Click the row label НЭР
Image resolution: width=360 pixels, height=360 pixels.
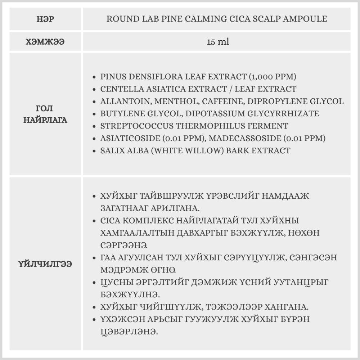tap(45, 19)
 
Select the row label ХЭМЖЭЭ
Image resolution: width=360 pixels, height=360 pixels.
tap(45, 42)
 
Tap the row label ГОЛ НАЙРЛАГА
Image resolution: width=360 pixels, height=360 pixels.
tap(45, 114)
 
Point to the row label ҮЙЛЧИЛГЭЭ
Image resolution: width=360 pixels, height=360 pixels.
tap(45, 264)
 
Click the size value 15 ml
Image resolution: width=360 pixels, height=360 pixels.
tap(218, 42)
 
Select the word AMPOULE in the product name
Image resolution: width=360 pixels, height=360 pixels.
tap(305, 19)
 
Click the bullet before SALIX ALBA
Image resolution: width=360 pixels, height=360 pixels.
tap(94, 151)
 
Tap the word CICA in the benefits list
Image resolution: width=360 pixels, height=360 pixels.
tap(111, 220)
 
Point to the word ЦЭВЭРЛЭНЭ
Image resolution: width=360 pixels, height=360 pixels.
tap(130, 332)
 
